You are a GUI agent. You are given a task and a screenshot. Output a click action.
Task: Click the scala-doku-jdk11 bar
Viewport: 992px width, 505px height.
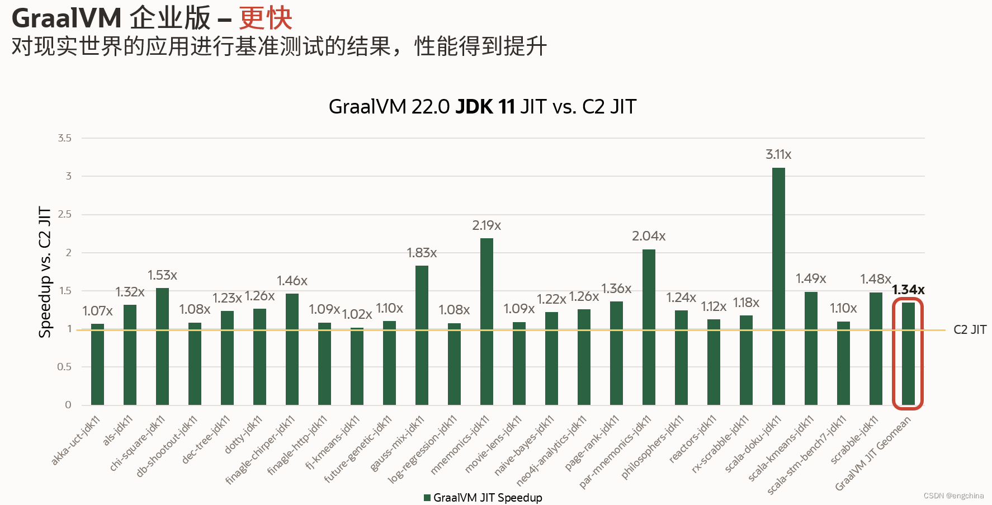coord(778,286)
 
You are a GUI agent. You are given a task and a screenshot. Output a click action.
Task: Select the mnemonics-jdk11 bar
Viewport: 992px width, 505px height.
coord(486,322)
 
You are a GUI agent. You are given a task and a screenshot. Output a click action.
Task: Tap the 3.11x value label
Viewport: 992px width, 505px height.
coord(778,154)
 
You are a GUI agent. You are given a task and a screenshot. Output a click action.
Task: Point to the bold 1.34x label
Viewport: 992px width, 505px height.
coord(908,290)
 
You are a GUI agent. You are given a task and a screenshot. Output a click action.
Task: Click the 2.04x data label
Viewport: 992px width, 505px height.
coord(649,236)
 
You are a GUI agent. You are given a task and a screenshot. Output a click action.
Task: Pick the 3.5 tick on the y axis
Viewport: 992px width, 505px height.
coord(65,138)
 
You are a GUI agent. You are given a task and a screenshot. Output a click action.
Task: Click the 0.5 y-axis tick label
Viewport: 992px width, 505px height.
coord(64,367)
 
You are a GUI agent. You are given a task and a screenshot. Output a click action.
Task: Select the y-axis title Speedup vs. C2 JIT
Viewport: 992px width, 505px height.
coord(45,272)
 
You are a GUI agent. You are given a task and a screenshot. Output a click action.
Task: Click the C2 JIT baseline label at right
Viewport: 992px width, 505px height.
coord(970,330)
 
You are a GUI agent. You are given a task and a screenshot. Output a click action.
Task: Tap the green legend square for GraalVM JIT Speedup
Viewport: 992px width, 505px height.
coord(427,498)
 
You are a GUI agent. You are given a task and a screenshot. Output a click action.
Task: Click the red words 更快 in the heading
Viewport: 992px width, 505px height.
coord(266,18)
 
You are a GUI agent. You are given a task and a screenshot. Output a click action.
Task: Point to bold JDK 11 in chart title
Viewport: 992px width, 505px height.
coord(485,107)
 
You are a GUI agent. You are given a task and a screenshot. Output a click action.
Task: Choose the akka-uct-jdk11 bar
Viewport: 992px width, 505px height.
coord(97,364)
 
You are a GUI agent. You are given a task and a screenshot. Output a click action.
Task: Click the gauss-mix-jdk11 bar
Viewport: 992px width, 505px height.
coord(422,335)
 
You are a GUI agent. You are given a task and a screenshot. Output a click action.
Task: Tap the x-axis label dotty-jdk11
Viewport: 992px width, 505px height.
coord(244,435)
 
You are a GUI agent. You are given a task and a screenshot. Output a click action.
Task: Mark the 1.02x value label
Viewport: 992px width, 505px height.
coord(357,314)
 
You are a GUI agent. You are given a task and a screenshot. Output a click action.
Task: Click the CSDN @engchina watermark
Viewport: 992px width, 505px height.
coord(953,495)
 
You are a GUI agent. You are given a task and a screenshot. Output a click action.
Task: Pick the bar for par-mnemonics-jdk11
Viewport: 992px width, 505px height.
coord(649,327)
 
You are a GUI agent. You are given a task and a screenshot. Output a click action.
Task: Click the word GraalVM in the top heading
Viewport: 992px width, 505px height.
coord(67,18)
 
